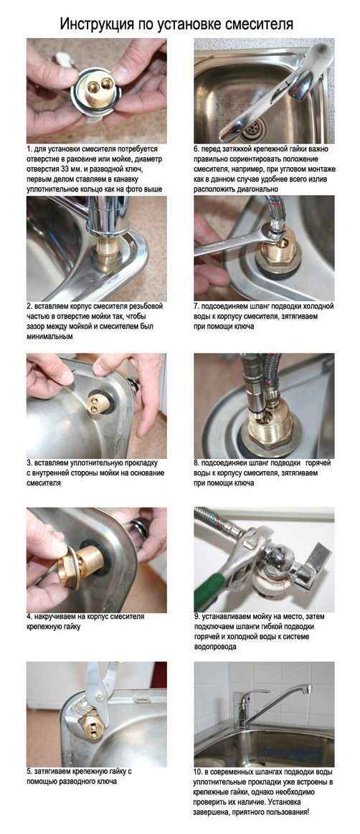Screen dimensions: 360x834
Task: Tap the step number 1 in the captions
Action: point(29,149)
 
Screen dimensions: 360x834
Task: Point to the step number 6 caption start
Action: point(196,149)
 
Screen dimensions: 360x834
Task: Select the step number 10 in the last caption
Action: point(198,772)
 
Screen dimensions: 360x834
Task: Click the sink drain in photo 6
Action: point(254,128)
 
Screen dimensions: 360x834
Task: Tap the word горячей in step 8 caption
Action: point(318,463)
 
